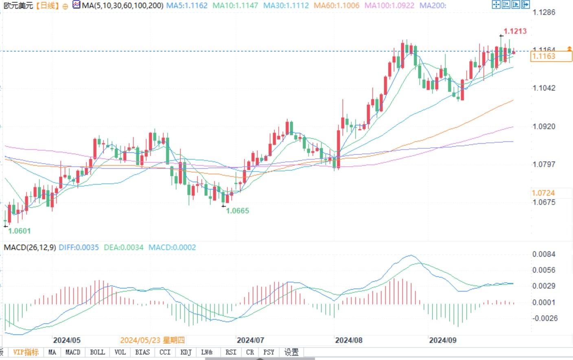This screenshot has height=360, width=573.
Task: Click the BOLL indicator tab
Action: pyautogui.click(x=97, y=352)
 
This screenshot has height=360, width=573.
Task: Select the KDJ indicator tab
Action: pyautogui.click(x=186, y=352)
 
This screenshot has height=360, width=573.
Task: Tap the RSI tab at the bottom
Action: pyautogui.click(x=231, y=352)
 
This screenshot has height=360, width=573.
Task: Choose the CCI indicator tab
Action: pyautogui.click(x=165, y=352)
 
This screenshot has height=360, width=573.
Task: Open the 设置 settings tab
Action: pyautogui.click(x=291, y=352)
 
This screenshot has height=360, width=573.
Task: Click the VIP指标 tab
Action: pyautogui.click(x=26, y=352)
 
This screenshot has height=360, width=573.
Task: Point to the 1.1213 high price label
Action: pyautogui.click(x=515, y=31)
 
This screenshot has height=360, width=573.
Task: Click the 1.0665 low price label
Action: pyautogui.click(x=238, y=211)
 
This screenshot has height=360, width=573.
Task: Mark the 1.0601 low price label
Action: pyautogui.click(x=20, y=231)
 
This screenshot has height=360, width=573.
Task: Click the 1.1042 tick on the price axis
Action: pyautogui.click(x=544, y=88)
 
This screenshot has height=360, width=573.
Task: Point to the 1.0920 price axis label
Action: pyautogui.click(x=544, y=126)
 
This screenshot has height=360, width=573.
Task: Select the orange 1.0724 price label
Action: pyautogui.click(x=543, y=193)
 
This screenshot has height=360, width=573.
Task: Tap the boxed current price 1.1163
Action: pyautogui.click(x=544, y=56)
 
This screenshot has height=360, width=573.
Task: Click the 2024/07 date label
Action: pyautogui.click(x=250, y=340)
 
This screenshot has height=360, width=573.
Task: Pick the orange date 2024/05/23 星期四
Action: pyautogui.click(x=152, y=340)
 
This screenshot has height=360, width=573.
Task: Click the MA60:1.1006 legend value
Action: pyautogui.click(x=337, y=6)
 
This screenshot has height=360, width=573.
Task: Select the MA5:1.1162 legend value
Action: pyautogui.click(x=187, y=6)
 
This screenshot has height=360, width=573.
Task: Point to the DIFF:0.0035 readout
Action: pyautogui.click(x=79, y=247)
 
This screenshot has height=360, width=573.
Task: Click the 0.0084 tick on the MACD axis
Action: pyautogui.click(x=544, y=254)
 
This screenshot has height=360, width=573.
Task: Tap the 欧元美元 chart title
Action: pyautogui.click(x=18, y=6)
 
